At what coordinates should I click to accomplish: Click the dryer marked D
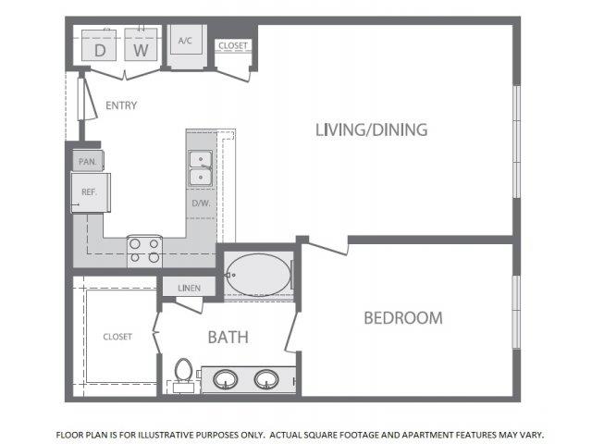pos(99,45)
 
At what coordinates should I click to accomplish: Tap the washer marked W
pos(141,44)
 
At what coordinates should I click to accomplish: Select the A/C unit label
pos(185,41)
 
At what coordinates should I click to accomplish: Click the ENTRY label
pos(121,105)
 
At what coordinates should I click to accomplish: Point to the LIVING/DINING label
pos(372,129)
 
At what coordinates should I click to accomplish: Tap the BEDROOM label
pos(403,318)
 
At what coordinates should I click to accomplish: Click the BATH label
pos(228,337)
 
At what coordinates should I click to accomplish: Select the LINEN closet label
pos(189,288)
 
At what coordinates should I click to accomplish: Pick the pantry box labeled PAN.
pos(89,161)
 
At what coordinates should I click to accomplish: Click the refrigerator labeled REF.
pos(91,192)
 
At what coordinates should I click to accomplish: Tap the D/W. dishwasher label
pos(201,203)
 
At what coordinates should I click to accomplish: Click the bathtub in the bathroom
pos(259,275)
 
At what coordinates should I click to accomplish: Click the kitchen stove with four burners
pos(144,251)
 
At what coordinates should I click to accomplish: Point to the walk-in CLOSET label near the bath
pos(117,337)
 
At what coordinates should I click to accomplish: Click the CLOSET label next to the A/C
pos(233,45)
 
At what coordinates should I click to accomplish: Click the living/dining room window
pos(516,142)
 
